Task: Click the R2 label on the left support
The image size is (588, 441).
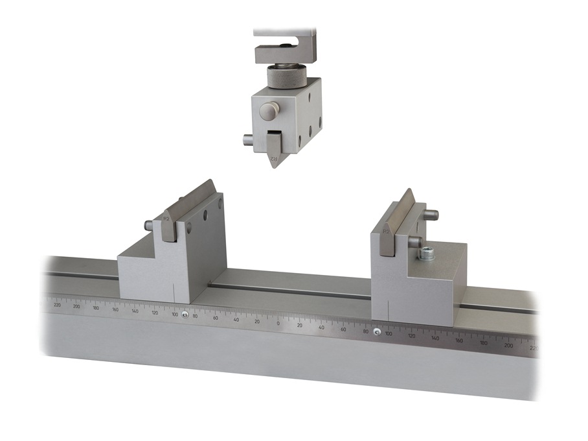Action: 166,219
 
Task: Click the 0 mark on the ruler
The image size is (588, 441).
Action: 278,323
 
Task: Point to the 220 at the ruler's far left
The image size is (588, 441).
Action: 57,304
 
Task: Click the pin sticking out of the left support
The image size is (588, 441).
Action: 149,226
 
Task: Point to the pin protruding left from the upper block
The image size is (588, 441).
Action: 246,139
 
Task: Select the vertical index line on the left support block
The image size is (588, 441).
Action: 175,294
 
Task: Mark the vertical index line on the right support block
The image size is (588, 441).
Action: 387,311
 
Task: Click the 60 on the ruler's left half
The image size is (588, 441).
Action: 216,318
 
